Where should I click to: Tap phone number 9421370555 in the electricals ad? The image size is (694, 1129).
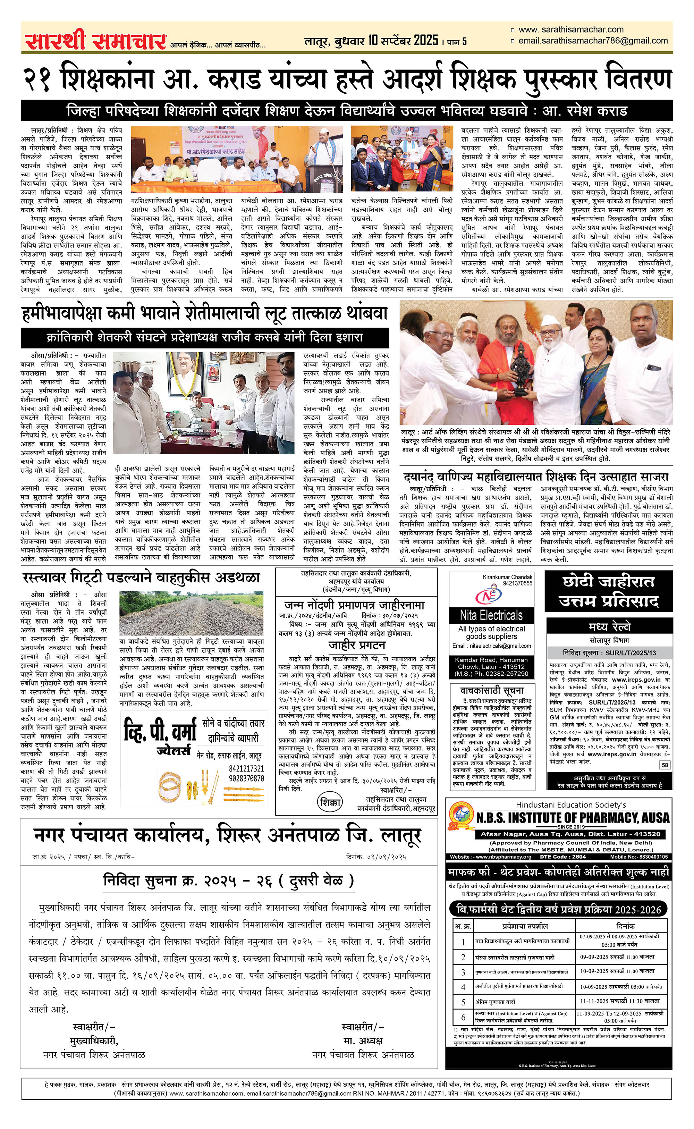[517, 583]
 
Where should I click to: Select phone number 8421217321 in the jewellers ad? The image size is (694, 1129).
[246, 769]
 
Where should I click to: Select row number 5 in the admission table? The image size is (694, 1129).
[463, 1001]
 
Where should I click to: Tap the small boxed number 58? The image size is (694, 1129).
[665, 765]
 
